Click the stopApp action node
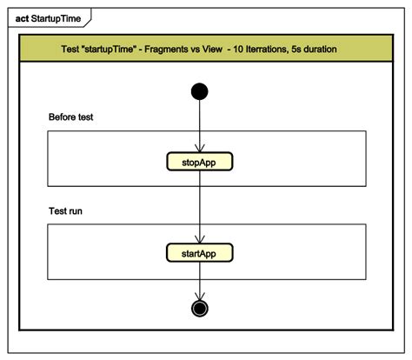(x=200, y=161)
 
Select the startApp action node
(x=200, y=252)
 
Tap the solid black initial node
(x=200, y=90)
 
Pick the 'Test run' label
(x=66, y=211)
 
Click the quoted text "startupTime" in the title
(x=123, y=49)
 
